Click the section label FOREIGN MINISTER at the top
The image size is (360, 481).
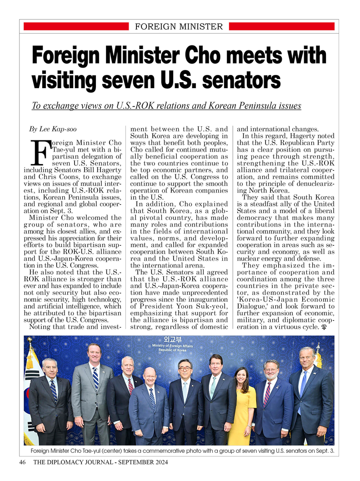coord(179,27)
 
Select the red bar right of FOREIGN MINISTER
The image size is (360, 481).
coord(280,27)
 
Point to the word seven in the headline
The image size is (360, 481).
coord(130,80)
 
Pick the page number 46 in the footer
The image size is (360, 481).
coord(22,462)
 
